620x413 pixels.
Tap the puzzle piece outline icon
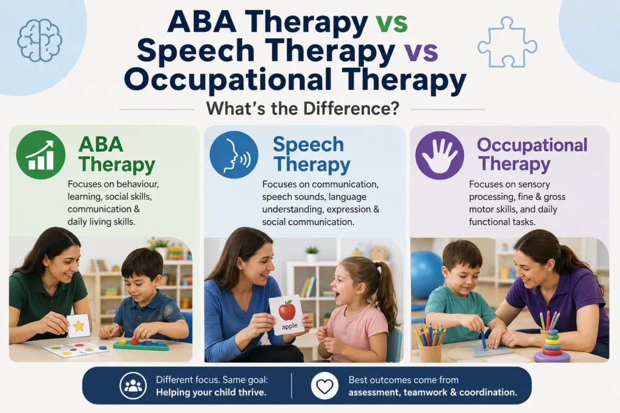(x=507, y=42)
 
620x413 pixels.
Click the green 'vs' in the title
(x=392, y=22)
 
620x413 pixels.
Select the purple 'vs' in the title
(x=422, y=51)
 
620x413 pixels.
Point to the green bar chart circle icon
(x=41, y=155)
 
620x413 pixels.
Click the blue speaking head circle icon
(x=234, y=155)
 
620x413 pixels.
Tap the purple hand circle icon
(x=440, y=155)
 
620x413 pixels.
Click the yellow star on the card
(x=79, y=326)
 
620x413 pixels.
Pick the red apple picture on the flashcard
(x=287, y=310)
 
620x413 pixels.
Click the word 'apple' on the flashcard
(x=289, y=326)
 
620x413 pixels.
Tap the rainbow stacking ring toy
(x=552, y=346)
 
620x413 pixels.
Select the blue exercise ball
(x=426, y=274)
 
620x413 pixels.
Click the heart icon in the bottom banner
(x=325, y=386)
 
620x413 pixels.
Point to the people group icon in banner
(x=133, y=386)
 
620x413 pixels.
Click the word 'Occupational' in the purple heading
(x=532, y=146)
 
